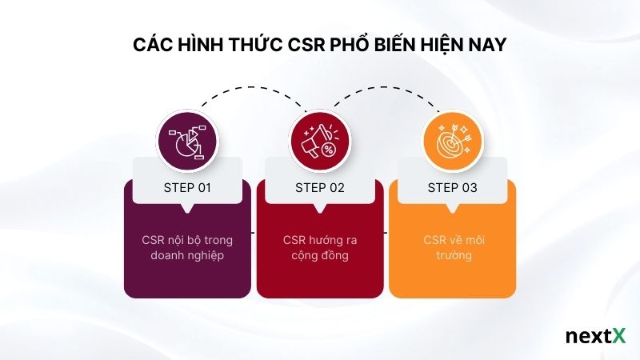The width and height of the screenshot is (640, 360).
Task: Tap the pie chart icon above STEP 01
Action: [187, 140]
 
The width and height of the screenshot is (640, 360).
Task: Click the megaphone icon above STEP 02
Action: [319, 140]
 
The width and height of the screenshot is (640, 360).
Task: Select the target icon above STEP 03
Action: [452, 140]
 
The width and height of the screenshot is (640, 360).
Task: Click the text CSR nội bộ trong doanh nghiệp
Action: [186, 248]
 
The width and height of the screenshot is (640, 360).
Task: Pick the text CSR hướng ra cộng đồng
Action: [319, 248]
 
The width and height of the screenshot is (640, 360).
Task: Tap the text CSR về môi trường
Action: [452, 248]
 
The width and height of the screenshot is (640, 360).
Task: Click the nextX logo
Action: [595, 336]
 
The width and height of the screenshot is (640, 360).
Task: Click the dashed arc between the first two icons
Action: [252, 88]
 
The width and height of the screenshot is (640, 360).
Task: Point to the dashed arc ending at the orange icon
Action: [384, 88]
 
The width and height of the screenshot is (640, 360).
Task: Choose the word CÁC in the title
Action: [150, 44]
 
